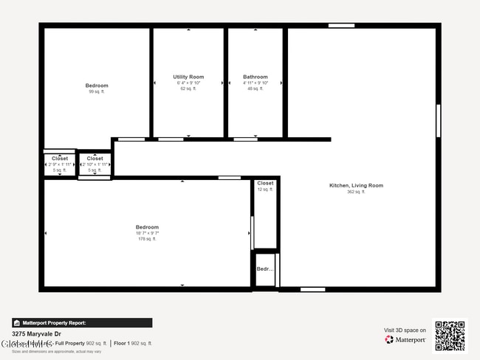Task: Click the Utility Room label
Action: click(188, 77)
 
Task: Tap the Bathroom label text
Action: click(256, 77)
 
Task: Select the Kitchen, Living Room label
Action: click(356, 185)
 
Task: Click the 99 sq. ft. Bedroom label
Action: click(97, 86)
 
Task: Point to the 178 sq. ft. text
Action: click(147, 239)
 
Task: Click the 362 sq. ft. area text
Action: click(356, 192)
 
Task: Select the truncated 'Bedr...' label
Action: click(265, 269)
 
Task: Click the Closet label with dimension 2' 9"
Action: click(60, 159)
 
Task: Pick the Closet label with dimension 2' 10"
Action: click(95, 159)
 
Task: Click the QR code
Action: click(450, 336)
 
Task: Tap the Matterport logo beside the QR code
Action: click(405, 340)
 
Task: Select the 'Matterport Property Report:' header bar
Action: click(82, 322)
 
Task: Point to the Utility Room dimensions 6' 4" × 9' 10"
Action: click(188, 83)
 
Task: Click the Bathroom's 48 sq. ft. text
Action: click(256, 89)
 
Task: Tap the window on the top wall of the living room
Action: click(341, 26)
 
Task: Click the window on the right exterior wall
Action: click(438, 120)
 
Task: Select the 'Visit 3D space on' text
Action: click(405, 330)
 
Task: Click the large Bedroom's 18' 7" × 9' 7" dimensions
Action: click(147, 233)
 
